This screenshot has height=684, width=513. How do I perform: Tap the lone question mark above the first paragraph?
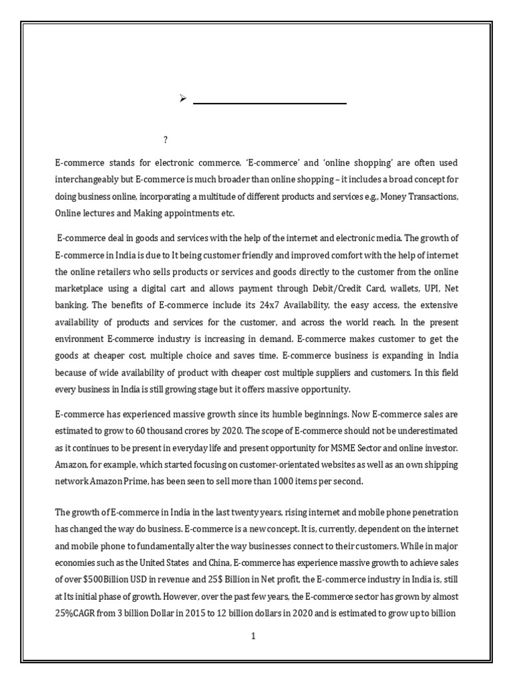coord(166,140)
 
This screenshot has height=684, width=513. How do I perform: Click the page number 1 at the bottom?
coord(254,637)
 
